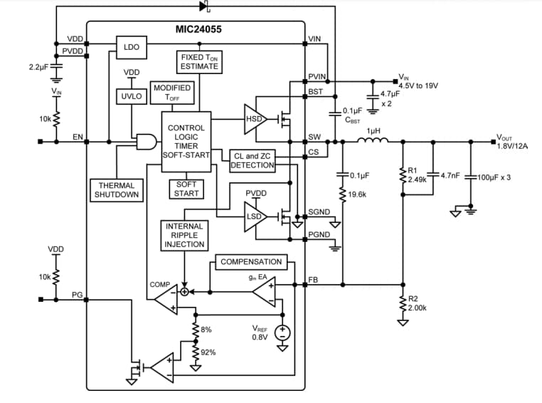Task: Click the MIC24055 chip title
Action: [201, 30]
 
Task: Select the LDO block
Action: [132, 48]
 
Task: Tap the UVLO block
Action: [132, 95]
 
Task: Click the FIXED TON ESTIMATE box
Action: [199, 61]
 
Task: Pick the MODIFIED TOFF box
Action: [171, 93]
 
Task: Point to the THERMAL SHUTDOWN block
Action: [117, 190]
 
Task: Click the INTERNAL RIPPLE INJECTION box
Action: [184, 235]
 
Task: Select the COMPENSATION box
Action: [251, 262]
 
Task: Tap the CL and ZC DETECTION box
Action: [253, 160]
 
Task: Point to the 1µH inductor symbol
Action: [373, 141]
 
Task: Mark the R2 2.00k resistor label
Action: [418, 304]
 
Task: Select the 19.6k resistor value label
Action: [358, 194]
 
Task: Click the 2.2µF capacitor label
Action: [38, 67]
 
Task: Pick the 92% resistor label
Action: [208, 352]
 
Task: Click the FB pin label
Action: [313, 281]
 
